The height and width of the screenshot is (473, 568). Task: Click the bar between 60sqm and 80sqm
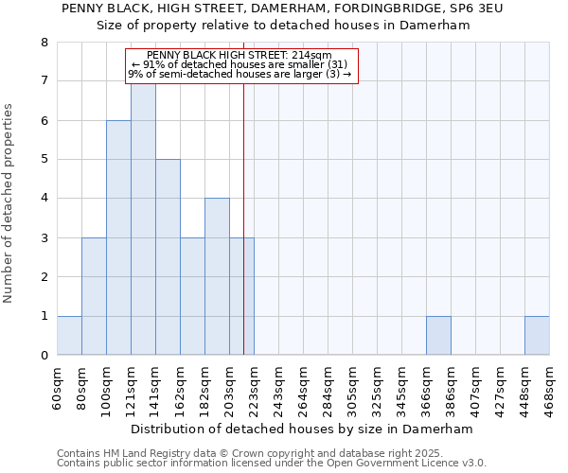pyautogui.click(x=69, y=336)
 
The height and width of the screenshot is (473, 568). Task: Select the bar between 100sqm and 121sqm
pyautogui.click(x=118, y=237)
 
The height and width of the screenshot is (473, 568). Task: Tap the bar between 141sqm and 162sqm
pyautogui.click(x=168, y=257)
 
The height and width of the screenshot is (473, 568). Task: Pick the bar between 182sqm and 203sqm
pyautogui.click(x=217, y=276)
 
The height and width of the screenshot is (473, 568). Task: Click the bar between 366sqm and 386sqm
pyautogui.click(x=438, y=336)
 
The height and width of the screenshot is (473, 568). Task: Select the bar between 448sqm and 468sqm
pyautogui.click(x=537, y=336)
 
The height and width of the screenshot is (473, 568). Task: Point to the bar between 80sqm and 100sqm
pyautogui.click(x=94, y=296)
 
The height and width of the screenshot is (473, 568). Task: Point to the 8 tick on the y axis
pyautogui.click(x=44, y=43)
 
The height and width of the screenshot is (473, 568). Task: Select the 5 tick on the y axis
pyautogui.click(x=44, y=160)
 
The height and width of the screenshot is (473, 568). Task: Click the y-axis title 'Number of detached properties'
pyautogui.click(x=9, y=204)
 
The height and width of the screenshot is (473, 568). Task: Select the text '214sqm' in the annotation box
pyautogui.click(x=312, y=56)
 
